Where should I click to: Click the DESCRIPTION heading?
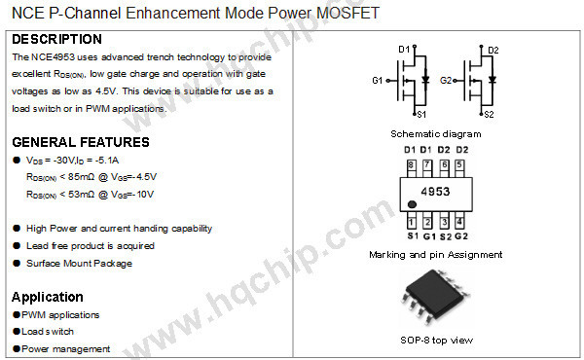56,40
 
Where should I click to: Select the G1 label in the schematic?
378,80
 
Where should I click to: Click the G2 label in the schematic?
446,80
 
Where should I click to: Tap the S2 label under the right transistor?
489,114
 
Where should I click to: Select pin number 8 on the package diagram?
411,165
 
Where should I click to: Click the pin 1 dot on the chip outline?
413,205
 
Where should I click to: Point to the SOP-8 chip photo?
435,301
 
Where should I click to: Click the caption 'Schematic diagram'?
435,134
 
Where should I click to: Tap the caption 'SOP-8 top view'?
435,340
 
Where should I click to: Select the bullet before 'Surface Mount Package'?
17,264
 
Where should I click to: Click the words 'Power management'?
66,349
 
